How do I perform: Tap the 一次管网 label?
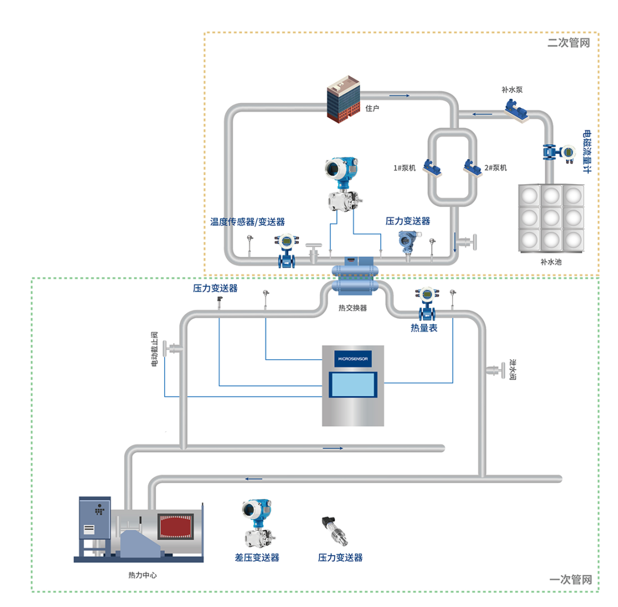click(570, 580)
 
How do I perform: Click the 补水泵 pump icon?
click(516, 108)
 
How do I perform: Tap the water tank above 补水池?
click(551, 217)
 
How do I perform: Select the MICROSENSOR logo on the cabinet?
click(354, 359)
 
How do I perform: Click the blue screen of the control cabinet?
click(354, 385)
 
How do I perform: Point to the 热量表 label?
click(424, 328)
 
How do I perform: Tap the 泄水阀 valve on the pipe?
click(492, 371)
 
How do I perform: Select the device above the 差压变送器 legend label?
click(256, 523)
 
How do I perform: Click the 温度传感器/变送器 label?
click(247, 221)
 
